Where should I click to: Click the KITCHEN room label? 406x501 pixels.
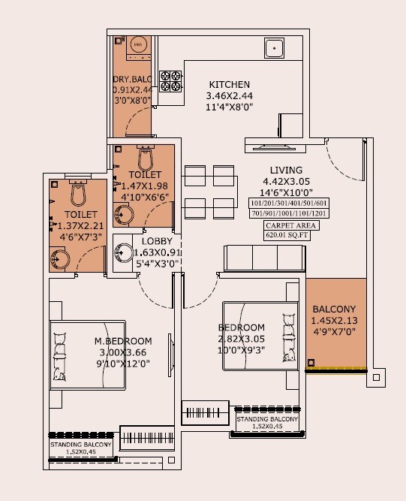[x=229, y=84]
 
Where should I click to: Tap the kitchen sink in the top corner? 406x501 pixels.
[x=275, y=50]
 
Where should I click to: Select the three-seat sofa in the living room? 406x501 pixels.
[x=263, y=258]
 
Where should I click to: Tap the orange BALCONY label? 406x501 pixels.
[x=335, y=309]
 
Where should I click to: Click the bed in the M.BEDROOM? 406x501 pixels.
[x=87, y=353]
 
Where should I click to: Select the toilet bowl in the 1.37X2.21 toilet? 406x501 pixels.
[x=78, y=195]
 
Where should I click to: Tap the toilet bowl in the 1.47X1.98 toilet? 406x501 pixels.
[x=146, y=158]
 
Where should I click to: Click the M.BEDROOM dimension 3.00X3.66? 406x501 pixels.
[x=123, y=352]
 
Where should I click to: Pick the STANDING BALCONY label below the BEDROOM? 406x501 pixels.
[x=268, y=419]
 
